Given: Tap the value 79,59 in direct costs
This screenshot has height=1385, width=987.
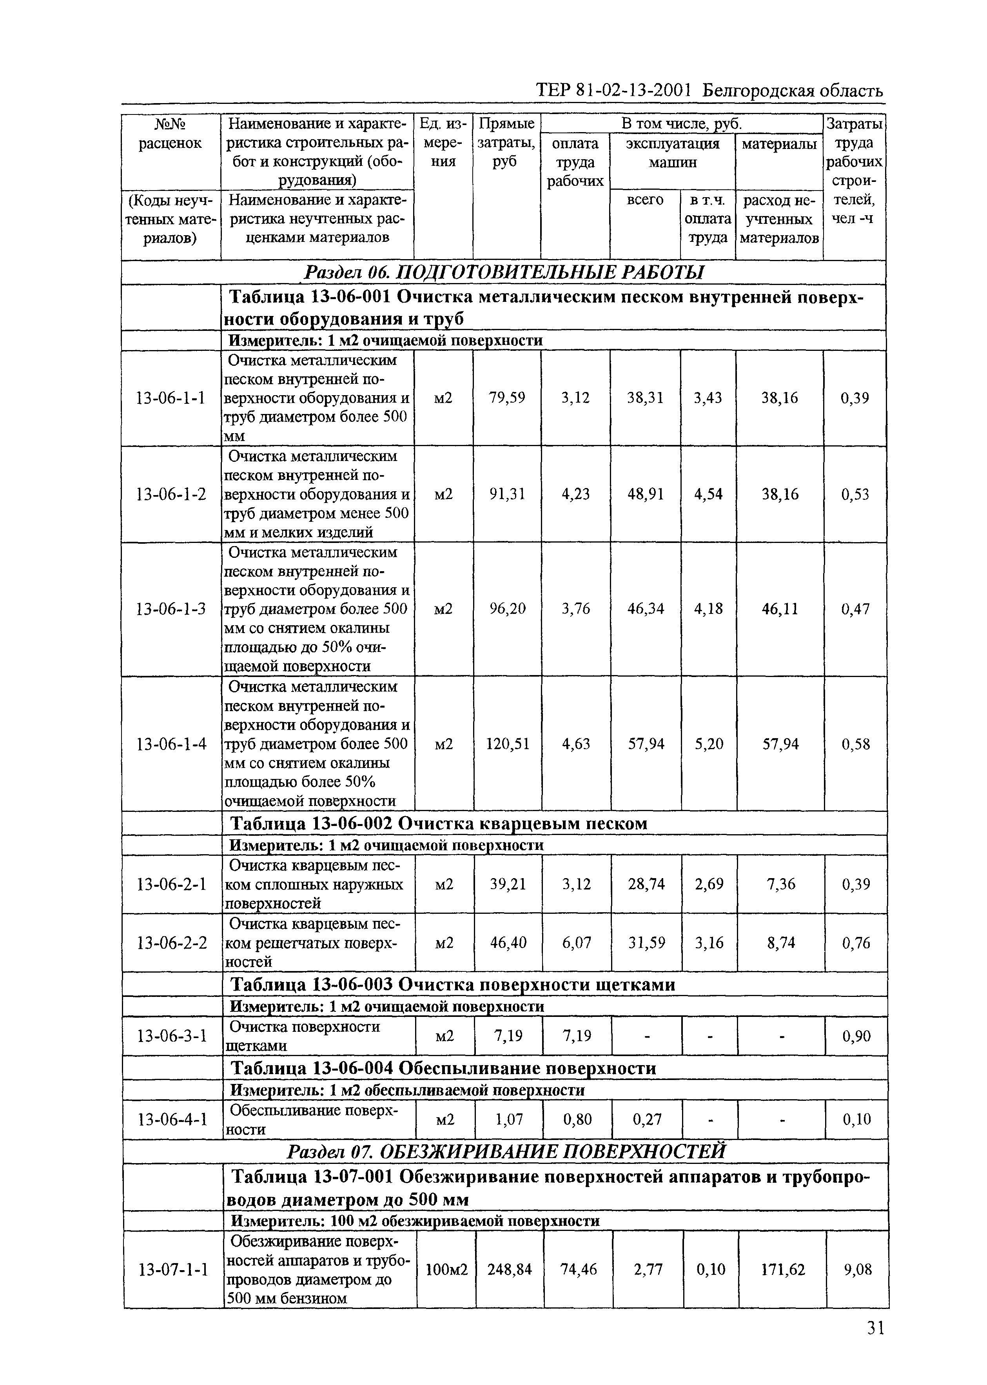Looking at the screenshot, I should (507, 398).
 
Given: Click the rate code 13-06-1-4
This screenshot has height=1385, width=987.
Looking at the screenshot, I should (171, 744).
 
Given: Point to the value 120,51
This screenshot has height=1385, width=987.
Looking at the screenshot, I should (508, 744).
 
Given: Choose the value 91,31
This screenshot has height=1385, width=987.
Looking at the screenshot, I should (507, 494).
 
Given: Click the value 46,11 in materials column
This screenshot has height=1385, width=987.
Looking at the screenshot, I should (780, 609).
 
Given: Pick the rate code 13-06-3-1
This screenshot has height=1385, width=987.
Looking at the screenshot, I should (172, 1036).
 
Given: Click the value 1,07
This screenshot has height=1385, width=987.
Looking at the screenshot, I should (509, 1119).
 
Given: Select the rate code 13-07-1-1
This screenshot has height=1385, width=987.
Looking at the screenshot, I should (173, 1269).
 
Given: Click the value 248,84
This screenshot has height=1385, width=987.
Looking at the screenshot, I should (509, 1269).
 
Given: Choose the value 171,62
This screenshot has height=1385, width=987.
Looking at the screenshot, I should (782, 1269).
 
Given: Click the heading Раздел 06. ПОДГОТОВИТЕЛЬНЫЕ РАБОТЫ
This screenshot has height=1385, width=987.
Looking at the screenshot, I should (503, 273).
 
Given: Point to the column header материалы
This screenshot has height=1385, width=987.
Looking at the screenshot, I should (779, 144).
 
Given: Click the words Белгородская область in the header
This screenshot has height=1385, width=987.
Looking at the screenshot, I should (793, 91).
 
